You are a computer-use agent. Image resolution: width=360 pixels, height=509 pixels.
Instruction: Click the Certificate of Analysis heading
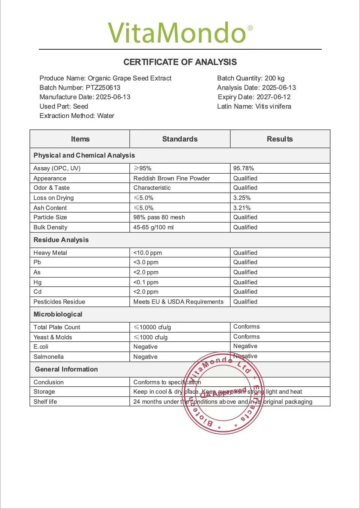[180, 62]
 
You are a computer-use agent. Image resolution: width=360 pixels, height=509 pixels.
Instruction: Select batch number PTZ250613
[103, 88]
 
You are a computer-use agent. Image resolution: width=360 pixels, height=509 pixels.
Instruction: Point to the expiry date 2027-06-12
[274, 97]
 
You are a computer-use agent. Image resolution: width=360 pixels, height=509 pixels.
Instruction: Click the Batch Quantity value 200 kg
[275, 78]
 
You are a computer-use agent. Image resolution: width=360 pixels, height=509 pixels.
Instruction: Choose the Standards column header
[180, 139]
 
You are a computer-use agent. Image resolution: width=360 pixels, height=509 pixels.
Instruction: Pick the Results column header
[280, 139]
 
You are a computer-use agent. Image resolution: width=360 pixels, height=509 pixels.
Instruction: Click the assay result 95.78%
[243, 168]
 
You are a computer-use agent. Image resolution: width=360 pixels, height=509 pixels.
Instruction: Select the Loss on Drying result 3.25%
[242, 198]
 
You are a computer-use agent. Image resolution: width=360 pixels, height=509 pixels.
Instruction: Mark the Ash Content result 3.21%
[242, 208]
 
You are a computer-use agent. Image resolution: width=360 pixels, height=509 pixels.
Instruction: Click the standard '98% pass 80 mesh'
[159, 217]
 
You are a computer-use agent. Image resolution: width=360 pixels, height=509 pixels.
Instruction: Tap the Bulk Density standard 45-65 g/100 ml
[153, 227]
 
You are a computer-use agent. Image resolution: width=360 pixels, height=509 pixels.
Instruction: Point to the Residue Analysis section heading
[61, 240]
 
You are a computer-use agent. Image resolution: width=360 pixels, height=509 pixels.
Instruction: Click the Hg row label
[38, 282]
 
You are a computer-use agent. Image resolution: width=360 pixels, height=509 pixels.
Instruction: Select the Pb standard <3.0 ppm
[146, 262]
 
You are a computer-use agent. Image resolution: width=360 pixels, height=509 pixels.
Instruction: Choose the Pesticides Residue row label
[59, 302]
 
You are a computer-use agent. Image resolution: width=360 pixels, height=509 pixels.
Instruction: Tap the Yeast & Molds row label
[53, 337]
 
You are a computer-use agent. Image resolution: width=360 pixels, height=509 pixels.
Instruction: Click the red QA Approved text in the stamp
[223, 393]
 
